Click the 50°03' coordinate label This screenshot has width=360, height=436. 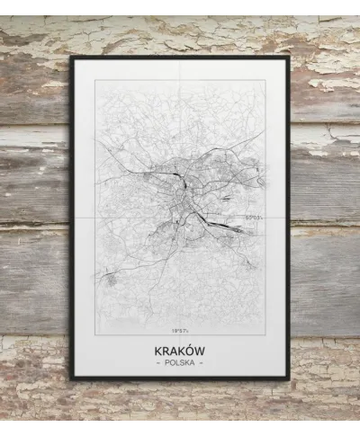[x=254, y=216]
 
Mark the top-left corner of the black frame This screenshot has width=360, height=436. [x=71, y=57]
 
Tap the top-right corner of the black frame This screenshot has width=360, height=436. [x=289, y=57]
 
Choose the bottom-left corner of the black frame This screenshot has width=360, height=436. [x=71, y=378]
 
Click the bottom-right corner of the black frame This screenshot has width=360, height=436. [x=289, y=378]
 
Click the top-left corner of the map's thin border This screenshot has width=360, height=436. [x=94, y=81]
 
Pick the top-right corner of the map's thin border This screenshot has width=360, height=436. [x=265, y=81]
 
